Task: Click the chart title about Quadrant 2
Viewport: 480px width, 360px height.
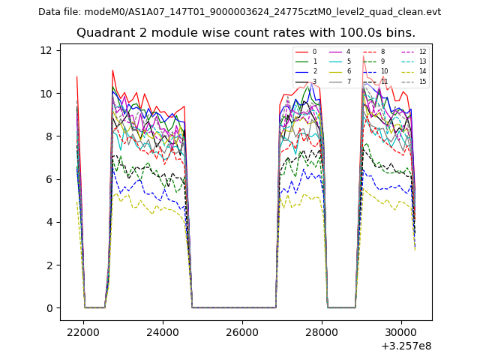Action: click(245, 33)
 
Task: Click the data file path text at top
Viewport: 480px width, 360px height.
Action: click(239, 12)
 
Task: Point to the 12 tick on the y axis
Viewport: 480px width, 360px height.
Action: click(46, 50)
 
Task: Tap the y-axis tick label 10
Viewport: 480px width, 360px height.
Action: click(46, 94)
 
